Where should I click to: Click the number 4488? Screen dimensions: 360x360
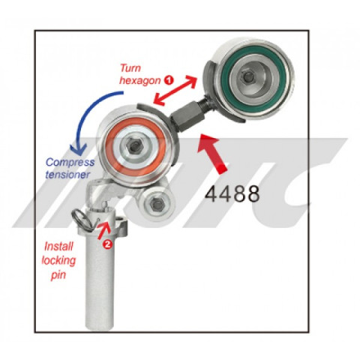[232, 194]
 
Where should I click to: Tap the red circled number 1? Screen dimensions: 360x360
[169, 80]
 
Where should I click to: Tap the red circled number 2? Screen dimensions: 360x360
[108, 244]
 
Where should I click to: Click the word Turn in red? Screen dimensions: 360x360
[130, 68]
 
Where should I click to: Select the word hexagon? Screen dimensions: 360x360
[140, 80]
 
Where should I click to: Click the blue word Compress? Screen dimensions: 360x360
[70, 163]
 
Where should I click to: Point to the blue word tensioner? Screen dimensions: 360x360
[67, 174]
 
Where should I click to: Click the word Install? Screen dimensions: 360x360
[58, 247]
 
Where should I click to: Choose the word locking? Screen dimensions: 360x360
[58, 261]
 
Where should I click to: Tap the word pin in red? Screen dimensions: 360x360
[58, 275]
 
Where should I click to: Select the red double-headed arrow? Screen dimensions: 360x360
[175, 91]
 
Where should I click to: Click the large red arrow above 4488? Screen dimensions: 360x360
[212, 153]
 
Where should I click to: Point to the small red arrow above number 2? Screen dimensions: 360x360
[103, 230]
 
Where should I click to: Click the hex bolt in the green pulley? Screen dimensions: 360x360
[249, 76]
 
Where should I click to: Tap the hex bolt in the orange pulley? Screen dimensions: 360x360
[134, 145]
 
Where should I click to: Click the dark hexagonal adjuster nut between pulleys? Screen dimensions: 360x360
[185, 117]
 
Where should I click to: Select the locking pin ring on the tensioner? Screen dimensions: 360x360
[83, 218]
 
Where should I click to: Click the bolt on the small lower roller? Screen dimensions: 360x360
[157, 205]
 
